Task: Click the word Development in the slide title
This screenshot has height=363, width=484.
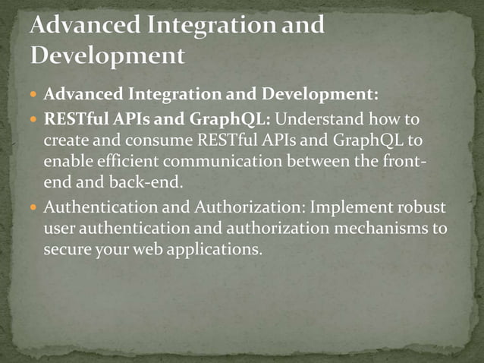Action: (x=107, y=55)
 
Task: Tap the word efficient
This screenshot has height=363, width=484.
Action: (x=125, y=162)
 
